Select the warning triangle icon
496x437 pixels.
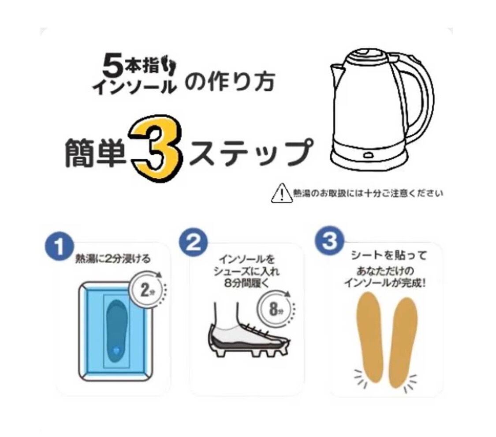coord(282,193)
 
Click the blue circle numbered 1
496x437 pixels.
coord(60,247)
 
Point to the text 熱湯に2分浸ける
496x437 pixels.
coord(112,259)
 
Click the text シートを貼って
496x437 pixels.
coord(388,255)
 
